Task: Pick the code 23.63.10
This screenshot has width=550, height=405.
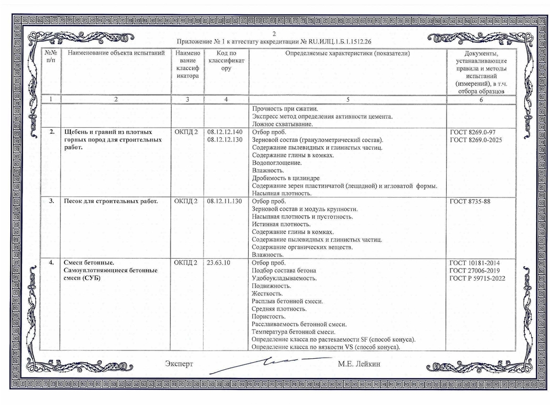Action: [219, 262]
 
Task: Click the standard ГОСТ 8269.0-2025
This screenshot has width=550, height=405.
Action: [476, 140]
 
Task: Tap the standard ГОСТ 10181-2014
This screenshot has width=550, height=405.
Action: [474, 262]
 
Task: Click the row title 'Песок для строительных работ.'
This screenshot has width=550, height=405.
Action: [111, 201]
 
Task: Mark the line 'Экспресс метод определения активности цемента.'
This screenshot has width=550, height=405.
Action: [321, 117]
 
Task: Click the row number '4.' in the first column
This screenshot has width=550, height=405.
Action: [51, 262]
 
